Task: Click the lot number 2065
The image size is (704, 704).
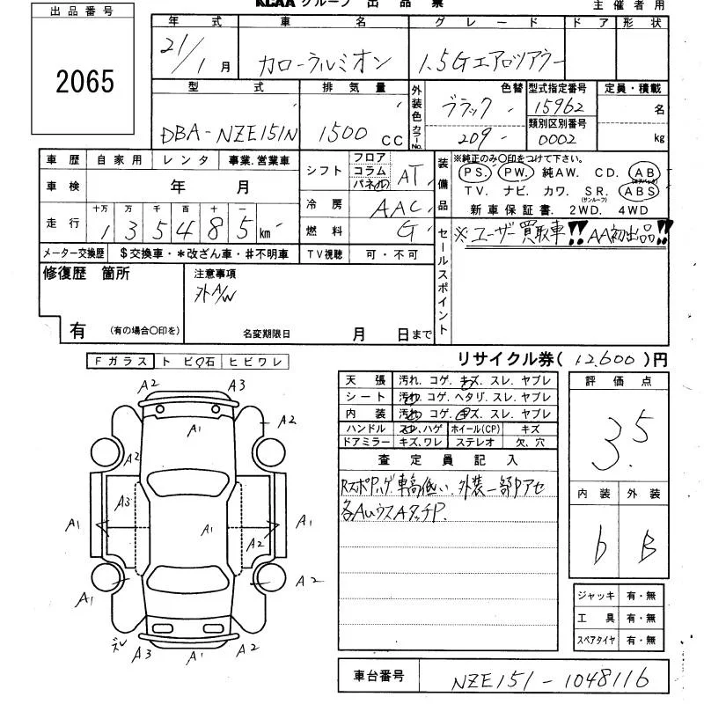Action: tap(84, 82)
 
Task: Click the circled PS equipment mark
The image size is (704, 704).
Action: tap(476, 172)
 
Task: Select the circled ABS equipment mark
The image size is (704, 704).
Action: tap(640, 191)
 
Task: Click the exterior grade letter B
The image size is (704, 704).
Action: tap(648, 547)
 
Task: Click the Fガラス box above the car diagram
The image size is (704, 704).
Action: tap(121, 361)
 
